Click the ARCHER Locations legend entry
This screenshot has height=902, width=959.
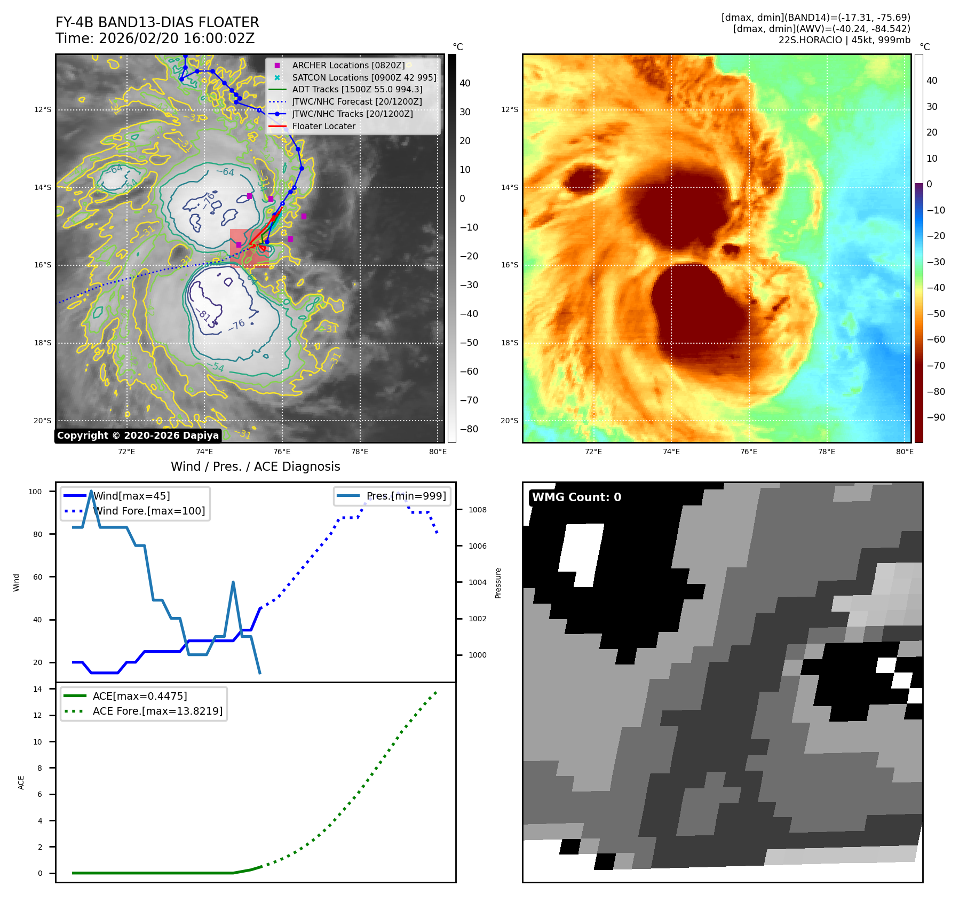(348, 65)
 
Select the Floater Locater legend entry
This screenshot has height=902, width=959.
(323, 126)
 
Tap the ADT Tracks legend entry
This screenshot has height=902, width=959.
(357, 89)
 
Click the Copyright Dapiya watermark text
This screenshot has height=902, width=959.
(138, 436)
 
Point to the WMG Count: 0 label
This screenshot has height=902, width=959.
(576, 497)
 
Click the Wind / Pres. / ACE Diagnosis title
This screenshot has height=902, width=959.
(255, 466)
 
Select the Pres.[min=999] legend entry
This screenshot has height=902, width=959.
(406, 496)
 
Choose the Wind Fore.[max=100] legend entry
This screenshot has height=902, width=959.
(149, 511)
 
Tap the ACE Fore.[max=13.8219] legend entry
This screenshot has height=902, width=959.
(157, 711)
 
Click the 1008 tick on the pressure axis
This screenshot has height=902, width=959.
(477, 510)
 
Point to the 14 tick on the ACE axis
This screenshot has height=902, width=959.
(37, 689)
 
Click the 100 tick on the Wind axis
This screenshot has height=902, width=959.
(35, 492)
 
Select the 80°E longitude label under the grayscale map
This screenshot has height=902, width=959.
(438, 452)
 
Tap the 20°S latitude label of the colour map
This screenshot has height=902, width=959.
(509, 421)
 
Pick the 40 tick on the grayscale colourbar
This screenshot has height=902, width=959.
(465, 83)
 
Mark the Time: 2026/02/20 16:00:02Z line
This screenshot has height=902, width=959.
(155, 38)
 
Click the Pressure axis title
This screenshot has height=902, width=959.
(498, 583)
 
